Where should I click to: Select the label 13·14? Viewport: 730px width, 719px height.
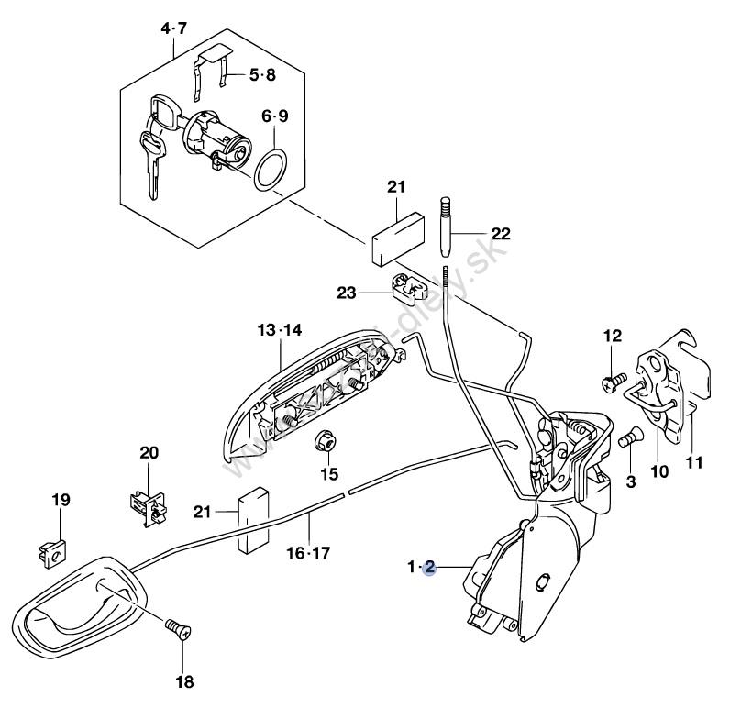(280, 330)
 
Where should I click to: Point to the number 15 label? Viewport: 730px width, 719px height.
(328, 474)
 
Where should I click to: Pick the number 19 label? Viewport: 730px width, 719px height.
(60, 500)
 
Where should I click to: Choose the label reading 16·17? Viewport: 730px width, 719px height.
(309, 553)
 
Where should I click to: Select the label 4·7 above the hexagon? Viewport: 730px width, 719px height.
(173, 29)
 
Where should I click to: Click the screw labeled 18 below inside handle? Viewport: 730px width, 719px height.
(176, 630)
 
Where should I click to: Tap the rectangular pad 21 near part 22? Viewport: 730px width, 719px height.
(397, 236)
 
